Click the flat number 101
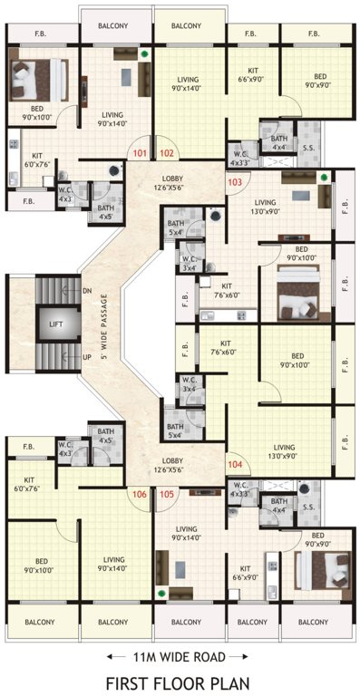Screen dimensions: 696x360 (x=139, y=154)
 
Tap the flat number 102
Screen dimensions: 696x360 (x=166, y=154)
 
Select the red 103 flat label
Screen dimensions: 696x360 (x=235, y=182)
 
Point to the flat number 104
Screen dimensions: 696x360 (x=235, y=464)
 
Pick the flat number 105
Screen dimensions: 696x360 (x=166, y=494)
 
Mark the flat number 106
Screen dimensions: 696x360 (x=139, y=494)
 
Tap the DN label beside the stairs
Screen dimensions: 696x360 (x=86, y=291)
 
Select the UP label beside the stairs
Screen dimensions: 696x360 (x=86, y=357)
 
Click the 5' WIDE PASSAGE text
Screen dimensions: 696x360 (x=105, y=324)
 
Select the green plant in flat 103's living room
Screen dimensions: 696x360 (x=324, y=177)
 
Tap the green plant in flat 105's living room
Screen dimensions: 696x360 (x=161, y=594)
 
